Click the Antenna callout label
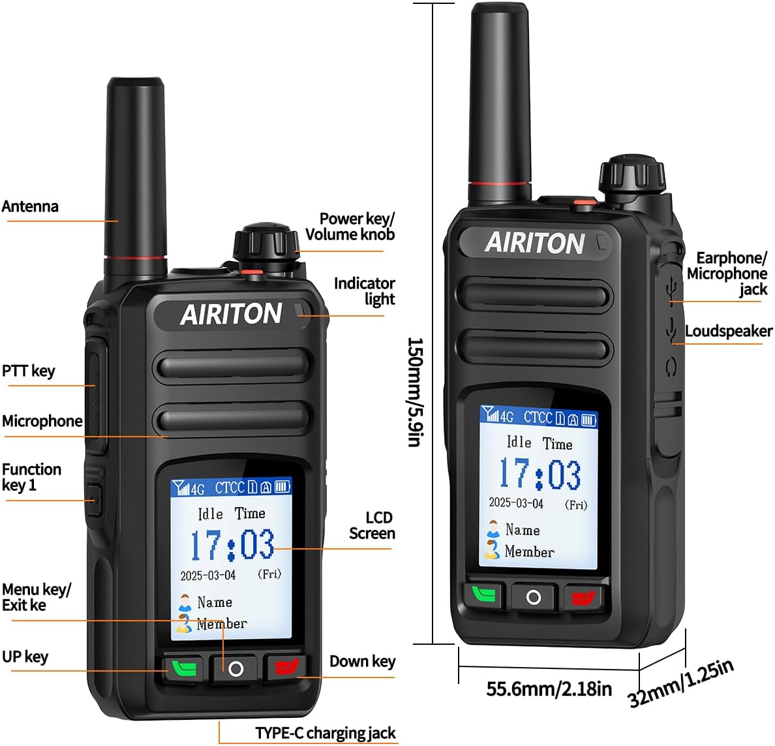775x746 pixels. pos(30,207)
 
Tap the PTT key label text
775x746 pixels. pos(29,371)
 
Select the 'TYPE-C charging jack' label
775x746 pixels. pos(325,733)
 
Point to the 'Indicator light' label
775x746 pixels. pos(365,291)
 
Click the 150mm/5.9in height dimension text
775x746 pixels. pos(415,392)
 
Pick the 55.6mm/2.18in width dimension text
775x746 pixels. pos(549,689)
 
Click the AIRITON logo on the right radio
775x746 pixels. pos(534,243)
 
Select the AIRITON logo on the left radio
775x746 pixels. pos(231,315)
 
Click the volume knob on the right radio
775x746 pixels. pos(631,173)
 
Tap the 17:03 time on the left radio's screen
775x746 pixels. pos(232,545)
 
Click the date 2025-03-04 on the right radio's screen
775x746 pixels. pos(516,503)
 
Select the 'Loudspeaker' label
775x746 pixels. pos(728,332)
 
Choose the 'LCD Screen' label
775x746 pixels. pos(372,525)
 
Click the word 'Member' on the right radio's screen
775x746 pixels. pos(529,552)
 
